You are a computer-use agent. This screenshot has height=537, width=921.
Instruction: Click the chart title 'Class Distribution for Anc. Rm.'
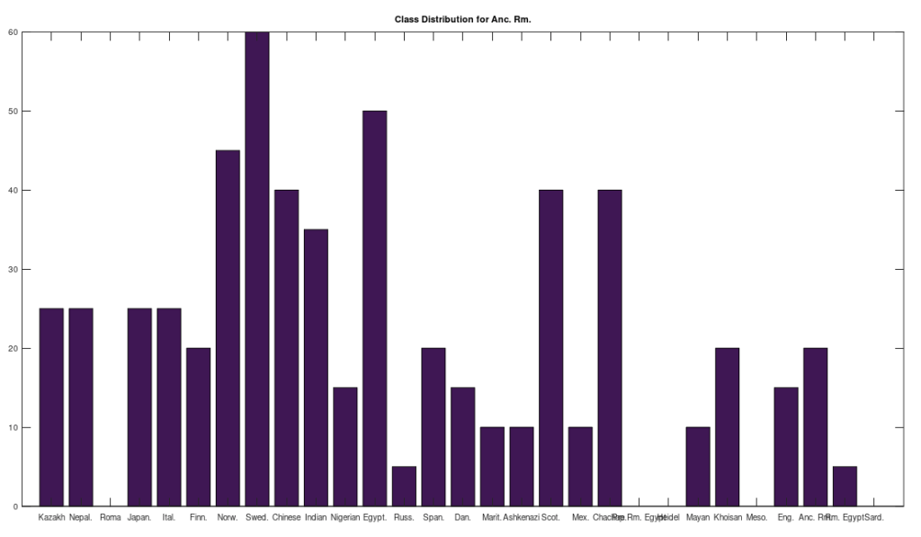[x=462, y=19]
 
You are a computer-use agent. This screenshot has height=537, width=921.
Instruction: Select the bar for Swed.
[x=257, y=269]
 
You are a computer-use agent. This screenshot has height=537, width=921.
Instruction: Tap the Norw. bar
[x=228, y=328]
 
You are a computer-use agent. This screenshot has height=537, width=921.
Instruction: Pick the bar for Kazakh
[x=51, y=407]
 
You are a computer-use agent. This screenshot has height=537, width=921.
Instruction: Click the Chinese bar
[x=286, y=348]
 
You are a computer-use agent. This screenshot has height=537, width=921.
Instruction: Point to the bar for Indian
[x=316, y=368]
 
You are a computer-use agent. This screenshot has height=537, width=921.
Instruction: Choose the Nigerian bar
[x=345, y=447]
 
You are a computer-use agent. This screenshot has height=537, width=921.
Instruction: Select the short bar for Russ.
[x=404, y=487]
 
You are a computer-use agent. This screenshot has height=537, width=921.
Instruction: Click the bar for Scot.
[x=550, y=348]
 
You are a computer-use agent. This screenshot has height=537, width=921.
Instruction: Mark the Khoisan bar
[x=727, y=427]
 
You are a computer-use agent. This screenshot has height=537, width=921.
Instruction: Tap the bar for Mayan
[x=698, y=467]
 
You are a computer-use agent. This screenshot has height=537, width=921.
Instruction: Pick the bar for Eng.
[x=786, y=447]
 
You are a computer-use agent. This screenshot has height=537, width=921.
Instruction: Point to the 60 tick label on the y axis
[x=13, y=32]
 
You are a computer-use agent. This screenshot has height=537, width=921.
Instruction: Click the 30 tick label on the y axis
[x=13, y=269]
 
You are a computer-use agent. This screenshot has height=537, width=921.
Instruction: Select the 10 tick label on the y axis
[x=13, y=427]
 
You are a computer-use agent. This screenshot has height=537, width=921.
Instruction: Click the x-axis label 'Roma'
[x=111, y=517]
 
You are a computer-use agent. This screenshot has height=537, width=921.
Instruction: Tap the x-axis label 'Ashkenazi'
[x=521, y=517]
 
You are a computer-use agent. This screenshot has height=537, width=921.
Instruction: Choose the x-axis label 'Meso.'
[x=756, y=517]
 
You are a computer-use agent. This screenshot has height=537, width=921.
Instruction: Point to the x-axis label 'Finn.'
[x=199, y=517]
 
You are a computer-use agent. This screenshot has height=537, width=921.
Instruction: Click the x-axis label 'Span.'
[x=434, y=517]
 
